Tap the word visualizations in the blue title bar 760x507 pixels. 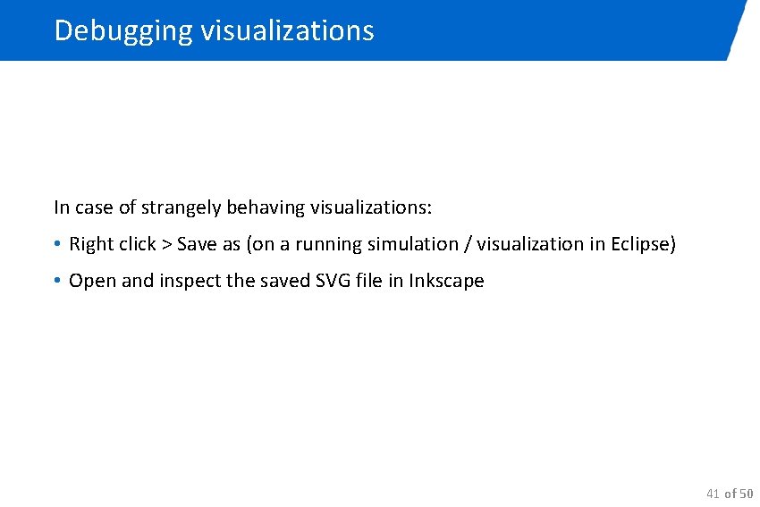tap(287, 31)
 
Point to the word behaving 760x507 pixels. tap(266, 208)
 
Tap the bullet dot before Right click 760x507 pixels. tap(56, 244)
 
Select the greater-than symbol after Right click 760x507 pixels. tap(165, 245)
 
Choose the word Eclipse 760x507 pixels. tap(642, 244)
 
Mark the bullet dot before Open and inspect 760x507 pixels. tap(56, 281)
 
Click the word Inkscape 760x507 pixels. tap(446, 281)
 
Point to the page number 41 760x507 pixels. tap(713, 494)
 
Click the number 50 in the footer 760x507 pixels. tap(746, 494)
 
